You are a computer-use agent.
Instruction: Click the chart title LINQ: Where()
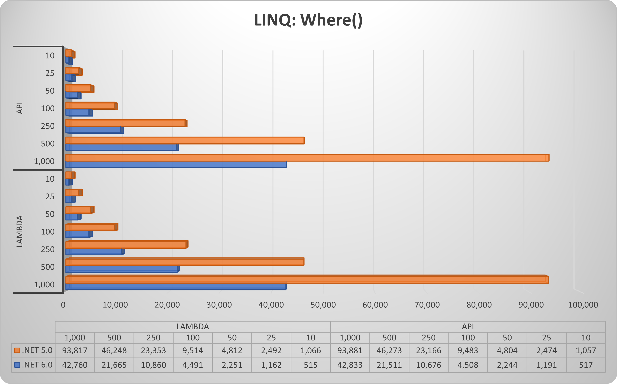coord(308,20)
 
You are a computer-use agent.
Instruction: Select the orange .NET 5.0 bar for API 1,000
coord(305,158)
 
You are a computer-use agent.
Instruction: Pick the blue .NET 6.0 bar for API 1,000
coord(176,165)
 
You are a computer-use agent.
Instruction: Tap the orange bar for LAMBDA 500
coord(184,262)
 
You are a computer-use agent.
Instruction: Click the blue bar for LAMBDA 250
coord(94,252)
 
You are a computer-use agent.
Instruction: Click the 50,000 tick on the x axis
coord(323,305)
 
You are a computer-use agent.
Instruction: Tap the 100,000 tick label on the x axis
coord(583,305)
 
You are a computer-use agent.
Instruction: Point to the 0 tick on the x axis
coord(63,305)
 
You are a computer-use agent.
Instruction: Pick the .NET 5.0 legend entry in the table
coord(34,350)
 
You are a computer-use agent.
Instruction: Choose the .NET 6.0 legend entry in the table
coord(34,365)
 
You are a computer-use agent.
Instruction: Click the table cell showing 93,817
coord(75,350)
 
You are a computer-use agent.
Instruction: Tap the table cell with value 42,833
coord(350,365)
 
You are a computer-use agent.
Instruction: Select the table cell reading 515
coord(311,365)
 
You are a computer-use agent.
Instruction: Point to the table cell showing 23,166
coord(429,350)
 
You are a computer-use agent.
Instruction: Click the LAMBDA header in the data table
coord(193,327)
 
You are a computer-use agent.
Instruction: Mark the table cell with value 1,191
coord(546,365)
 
